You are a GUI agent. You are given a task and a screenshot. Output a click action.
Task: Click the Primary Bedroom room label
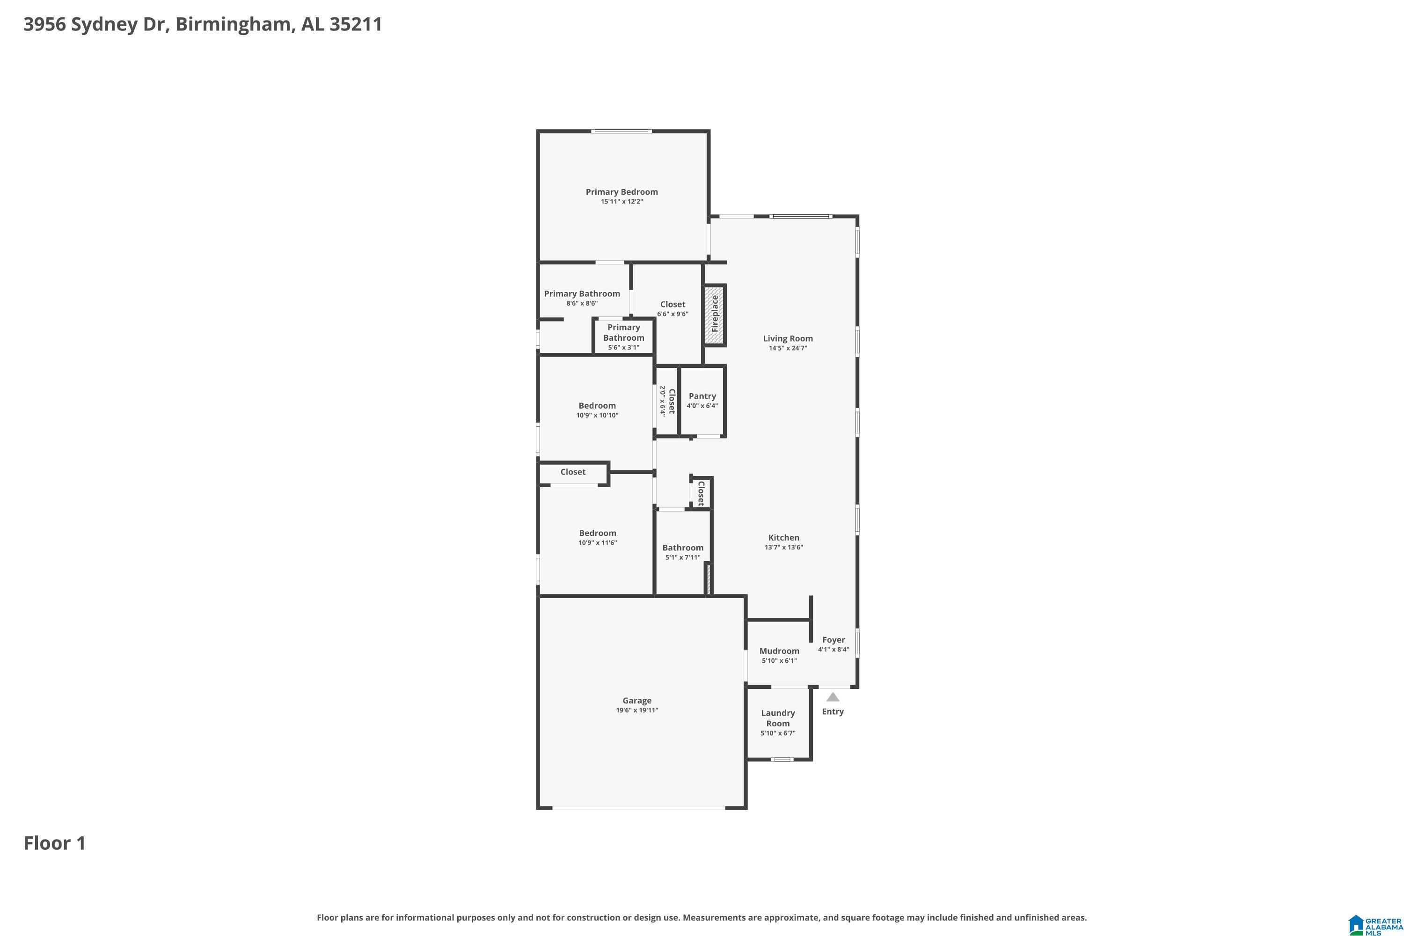(622, 191)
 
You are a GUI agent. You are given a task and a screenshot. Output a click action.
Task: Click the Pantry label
(702, 396)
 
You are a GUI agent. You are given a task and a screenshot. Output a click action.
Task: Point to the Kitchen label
(784, 538)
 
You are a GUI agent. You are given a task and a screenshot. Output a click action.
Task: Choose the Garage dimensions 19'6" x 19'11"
(637, 710)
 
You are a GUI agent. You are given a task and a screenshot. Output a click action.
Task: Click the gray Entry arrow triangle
(833, 697)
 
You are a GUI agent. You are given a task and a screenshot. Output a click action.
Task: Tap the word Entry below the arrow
(833, 711)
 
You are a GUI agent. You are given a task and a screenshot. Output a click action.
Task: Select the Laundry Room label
(778, 718)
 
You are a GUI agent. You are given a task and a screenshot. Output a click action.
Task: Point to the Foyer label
(834, 640)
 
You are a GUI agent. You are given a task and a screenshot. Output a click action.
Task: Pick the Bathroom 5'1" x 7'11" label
(683, 552)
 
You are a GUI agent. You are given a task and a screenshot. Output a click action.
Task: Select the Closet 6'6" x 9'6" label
(673, 308)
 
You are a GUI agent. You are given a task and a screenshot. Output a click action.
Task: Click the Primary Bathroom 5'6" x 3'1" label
(624, 337)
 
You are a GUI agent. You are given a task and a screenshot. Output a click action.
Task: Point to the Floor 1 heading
(55, 843)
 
